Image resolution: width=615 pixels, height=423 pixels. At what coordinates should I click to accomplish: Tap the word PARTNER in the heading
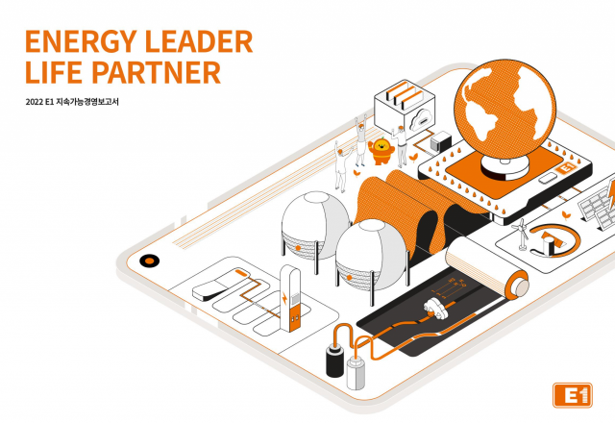158,73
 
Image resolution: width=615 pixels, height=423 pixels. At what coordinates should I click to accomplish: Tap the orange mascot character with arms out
381,150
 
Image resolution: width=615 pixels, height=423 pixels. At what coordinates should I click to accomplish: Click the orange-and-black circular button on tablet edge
149,261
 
